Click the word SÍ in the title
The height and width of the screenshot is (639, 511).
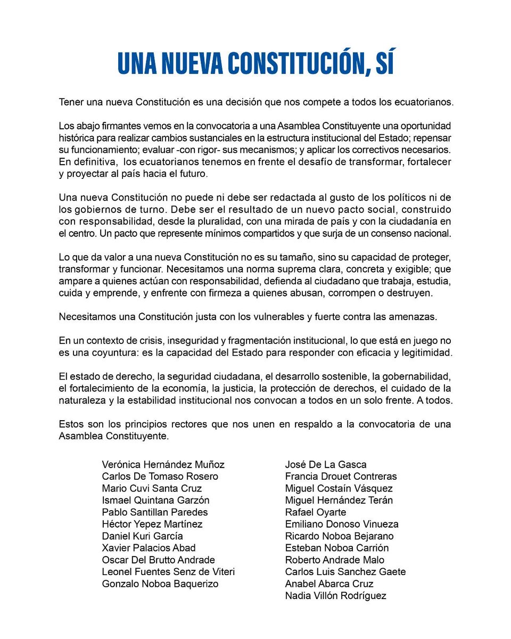point(380,63)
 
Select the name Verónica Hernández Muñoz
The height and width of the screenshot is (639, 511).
point(163,464)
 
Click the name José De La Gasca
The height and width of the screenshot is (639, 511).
point(326,464)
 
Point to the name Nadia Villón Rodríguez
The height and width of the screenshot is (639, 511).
point(336,595)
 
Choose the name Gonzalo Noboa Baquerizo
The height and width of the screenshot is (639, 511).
point(160,584)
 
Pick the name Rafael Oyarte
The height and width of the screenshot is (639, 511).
point(316,512)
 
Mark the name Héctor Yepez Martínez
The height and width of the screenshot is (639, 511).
point(152,524)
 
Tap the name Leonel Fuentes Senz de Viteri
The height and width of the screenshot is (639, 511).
point(168,572)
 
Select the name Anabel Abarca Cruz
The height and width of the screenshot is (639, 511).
point(329,584)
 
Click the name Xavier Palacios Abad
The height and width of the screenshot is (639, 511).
point(149,548)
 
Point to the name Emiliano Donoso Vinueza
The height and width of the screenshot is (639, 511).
point(342,524)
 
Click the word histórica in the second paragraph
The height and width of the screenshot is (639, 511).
point(76,137)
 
